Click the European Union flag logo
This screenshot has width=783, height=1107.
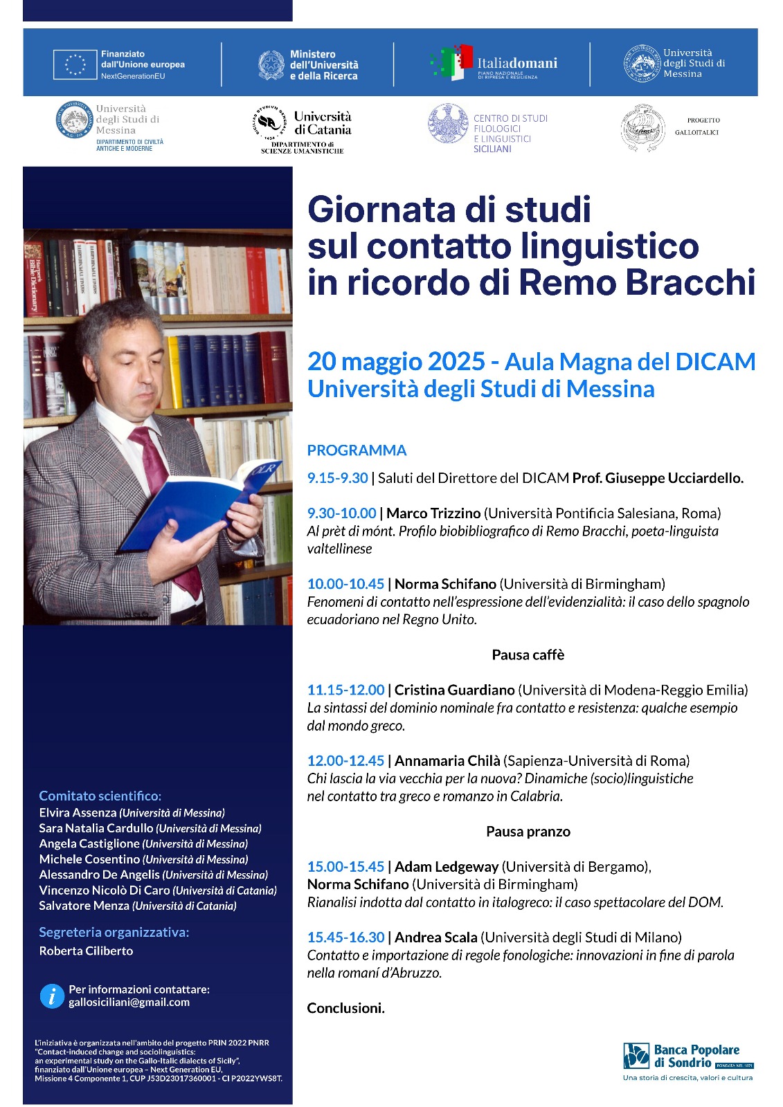click(x=74, y=64)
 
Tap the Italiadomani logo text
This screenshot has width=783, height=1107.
click(x=516, y=64)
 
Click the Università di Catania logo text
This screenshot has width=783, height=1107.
click(x=322, y=123)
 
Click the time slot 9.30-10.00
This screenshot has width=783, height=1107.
click(x=341, y=513)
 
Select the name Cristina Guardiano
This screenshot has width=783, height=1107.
click(x=454, y=690)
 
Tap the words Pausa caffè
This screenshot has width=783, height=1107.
click(x=528, y=655)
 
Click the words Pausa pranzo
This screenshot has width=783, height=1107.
click(x=528, y=832)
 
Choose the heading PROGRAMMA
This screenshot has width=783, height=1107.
click(x=357, y=450)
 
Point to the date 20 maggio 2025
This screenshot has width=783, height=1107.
click(x=396, y=361)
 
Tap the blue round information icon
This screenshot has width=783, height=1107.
click(x=52, y=996)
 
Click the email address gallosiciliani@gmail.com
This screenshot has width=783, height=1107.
click(x=129, y=1003)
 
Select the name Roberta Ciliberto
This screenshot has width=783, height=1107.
click(x=86, y=951)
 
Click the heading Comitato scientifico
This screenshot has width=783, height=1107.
click(x=100, y=796)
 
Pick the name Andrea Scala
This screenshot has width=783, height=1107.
click(x=435, y=937)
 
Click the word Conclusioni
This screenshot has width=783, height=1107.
click(x=345, y=1008)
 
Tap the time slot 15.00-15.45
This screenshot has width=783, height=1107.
click(x=345, y=867)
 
